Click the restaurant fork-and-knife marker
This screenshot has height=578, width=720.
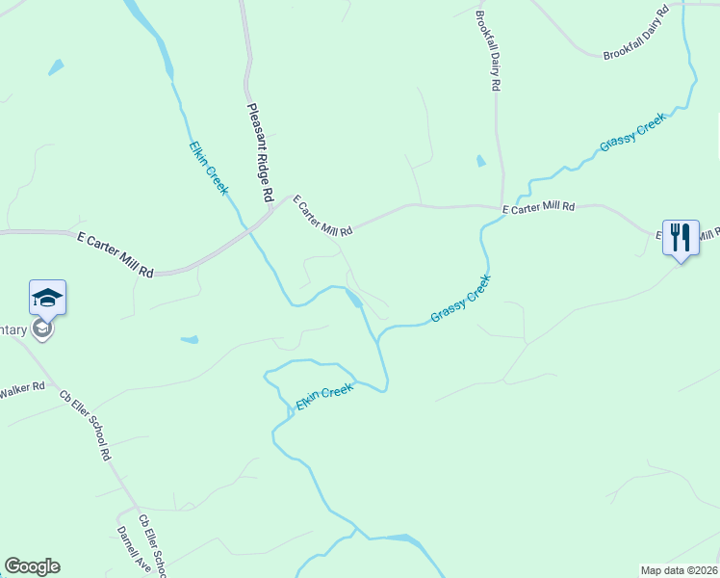coord(681,237)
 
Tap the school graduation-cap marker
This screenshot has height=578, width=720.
coord(47,299)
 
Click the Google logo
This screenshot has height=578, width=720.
coord(32,566)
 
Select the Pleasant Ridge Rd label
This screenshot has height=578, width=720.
coord(261,152)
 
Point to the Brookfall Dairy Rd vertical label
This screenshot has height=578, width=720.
coord(488,50)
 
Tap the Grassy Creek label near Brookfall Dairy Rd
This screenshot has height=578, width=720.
coord(632,132)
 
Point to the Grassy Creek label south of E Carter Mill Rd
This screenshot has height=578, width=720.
coord(461,299)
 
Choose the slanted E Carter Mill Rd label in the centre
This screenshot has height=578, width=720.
coord(323,216)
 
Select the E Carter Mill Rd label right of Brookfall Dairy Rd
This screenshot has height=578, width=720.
coord(538,207)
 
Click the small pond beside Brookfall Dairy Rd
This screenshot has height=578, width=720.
coord(480,161)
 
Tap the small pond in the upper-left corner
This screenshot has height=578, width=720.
coord(56,67)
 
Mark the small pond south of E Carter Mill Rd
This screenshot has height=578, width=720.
coord(190,339)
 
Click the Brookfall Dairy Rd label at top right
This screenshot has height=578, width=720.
coord(636,34)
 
